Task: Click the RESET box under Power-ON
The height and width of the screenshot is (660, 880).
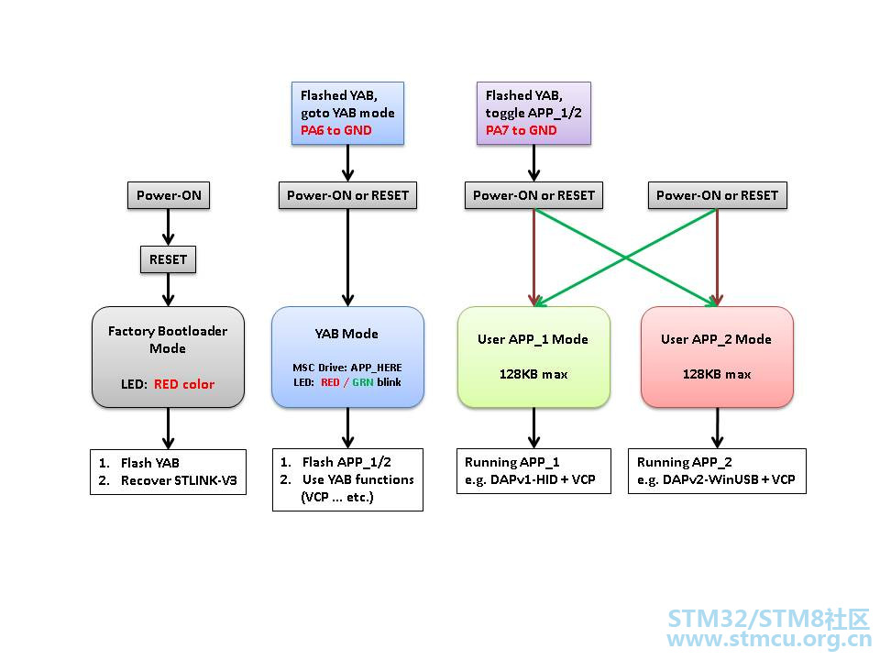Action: [x=168, y=259]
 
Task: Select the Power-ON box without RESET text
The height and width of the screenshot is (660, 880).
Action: [x=169, y=195]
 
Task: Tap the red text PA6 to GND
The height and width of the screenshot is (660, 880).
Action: [x=335, y=130]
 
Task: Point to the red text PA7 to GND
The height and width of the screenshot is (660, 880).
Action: [x=521, y=130]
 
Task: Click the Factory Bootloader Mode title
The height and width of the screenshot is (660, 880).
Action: [x=168, y=339]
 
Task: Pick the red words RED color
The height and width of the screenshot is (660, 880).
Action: [x=184, y=384]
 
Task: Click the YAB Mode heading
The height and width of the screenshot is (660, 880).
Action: [x=346, y=334]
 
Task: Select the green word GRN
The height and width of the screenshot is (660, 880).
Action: [x=363, y=383]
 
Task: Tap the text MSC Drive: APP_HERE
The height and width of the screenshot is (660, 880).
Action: [x=346, y=368]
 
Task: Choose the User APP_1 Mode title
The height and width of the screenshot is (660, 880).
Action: [x=533, y=339]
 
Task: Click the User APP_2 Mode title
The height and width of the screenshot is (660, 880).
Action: [x=716, y=339]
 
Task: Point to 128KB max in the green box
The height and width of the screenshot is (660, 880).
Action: [x=533, y=374]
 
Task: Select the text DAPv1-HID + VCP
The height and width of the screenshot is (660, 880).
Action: [x=543, y=479]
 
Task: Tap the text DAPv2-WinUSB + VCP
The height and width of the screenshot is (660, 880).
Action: [x=729, y=479]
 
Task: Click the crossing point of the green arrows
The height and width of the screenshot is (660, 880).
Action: [x=625, y=258]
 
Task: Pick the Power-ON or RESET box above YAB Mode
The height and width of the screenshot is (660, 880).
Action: [x=347, y=195]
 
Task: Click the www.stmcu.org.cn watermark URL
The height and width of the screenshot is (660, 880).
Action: [x=768, y=639]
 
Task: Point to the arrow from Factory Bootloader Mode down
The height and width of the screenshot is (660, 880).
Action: [x=168, y=428]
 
